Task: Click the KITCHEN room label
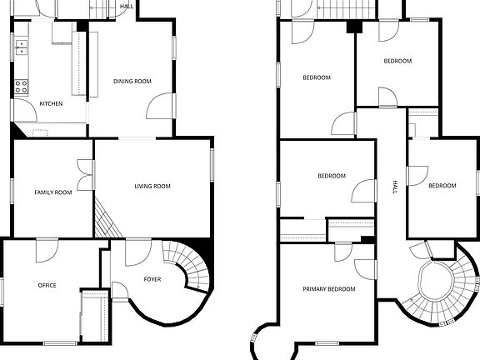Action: click(51, 103)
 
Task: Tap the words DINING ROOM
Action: click(132, 81)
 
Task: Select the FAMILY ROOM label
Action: click(52, 192)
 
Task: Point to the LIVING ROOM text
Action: click(152, 186)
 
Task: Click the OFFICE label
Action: click(47, 285)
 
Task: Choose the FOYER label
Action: click(152, 278)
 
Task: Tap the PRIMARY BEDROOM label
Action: click(328, 288)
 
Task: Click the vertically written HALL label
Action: click(394, 188)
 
